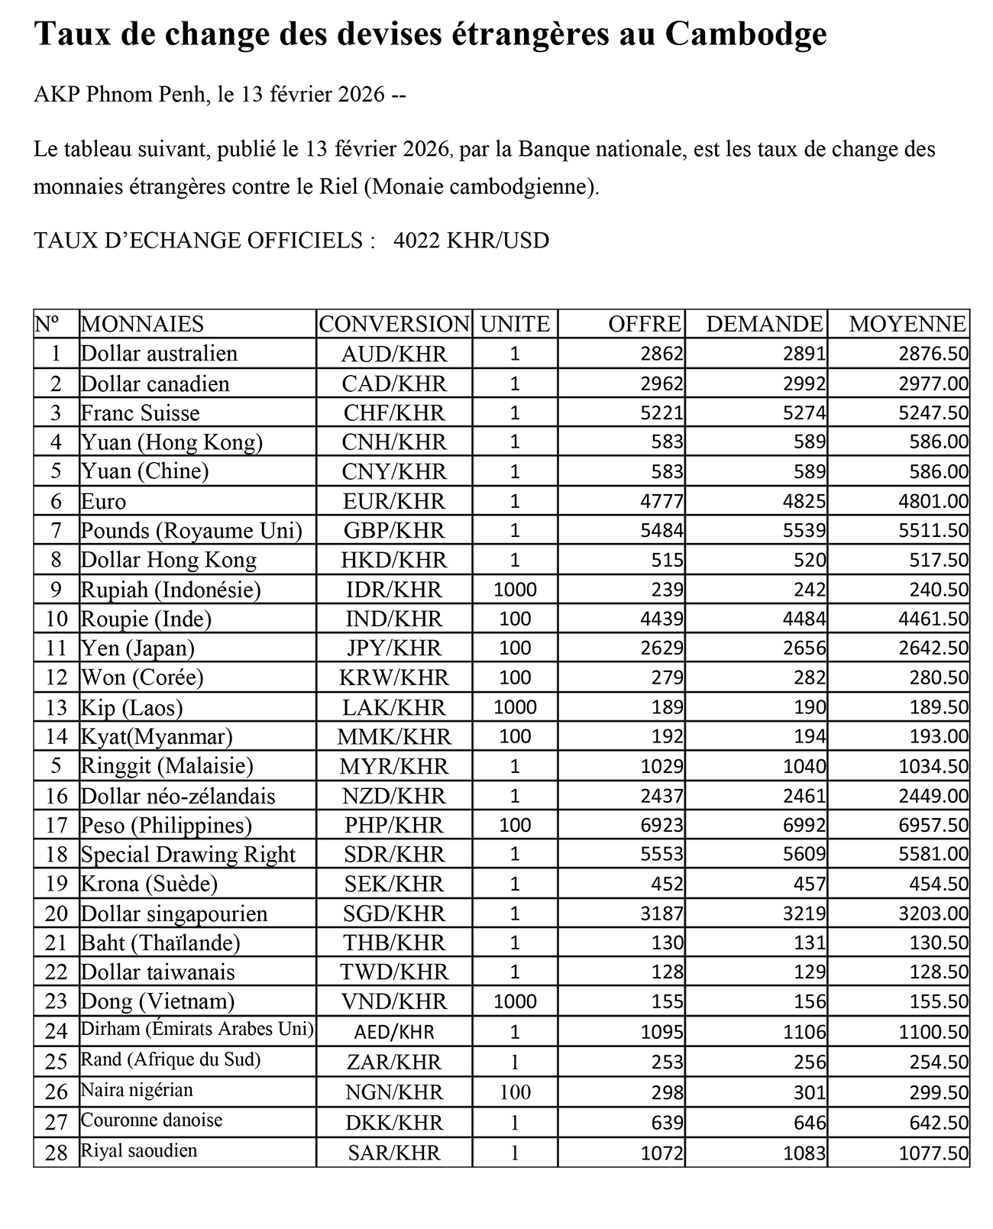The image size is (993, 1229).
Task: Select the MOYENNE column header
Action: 907,324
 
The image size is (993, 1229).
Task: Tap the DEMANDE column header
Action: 765,324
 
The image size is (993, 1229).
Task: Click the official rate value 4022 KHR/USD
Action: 471,241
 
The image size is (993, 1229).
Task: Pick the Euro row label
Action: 104,501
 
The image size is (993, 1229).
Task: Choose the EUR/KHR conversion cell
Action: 393,501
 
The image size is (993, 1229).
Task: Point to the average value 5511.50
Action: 933,531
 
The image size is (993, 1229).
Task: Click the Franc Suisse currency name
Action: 141,413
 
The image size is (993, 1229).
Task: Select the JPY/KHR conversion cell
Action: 393,648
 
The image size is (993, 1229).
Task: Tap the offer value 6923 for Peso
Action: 662,826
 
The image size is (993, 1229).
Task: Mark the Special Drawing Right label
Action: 188,855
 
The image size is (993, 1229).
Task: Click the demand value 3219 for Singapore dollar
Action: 804,914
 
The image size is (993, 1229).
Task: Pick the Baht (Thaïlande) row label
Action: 160,943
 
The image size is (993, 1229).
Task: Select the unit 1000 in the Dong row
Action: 515,1001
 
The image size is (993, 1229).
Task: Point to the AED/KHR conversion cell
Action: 393,1032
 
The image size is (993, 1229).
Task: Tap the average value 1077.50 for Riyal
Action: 933,1152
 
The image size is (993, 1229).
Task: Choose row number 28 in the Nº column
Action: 57,1152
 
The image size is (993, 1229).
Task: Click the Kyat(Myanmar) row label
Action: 157,737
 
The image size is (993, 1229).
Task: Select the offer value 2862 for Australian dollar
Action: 662,354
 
